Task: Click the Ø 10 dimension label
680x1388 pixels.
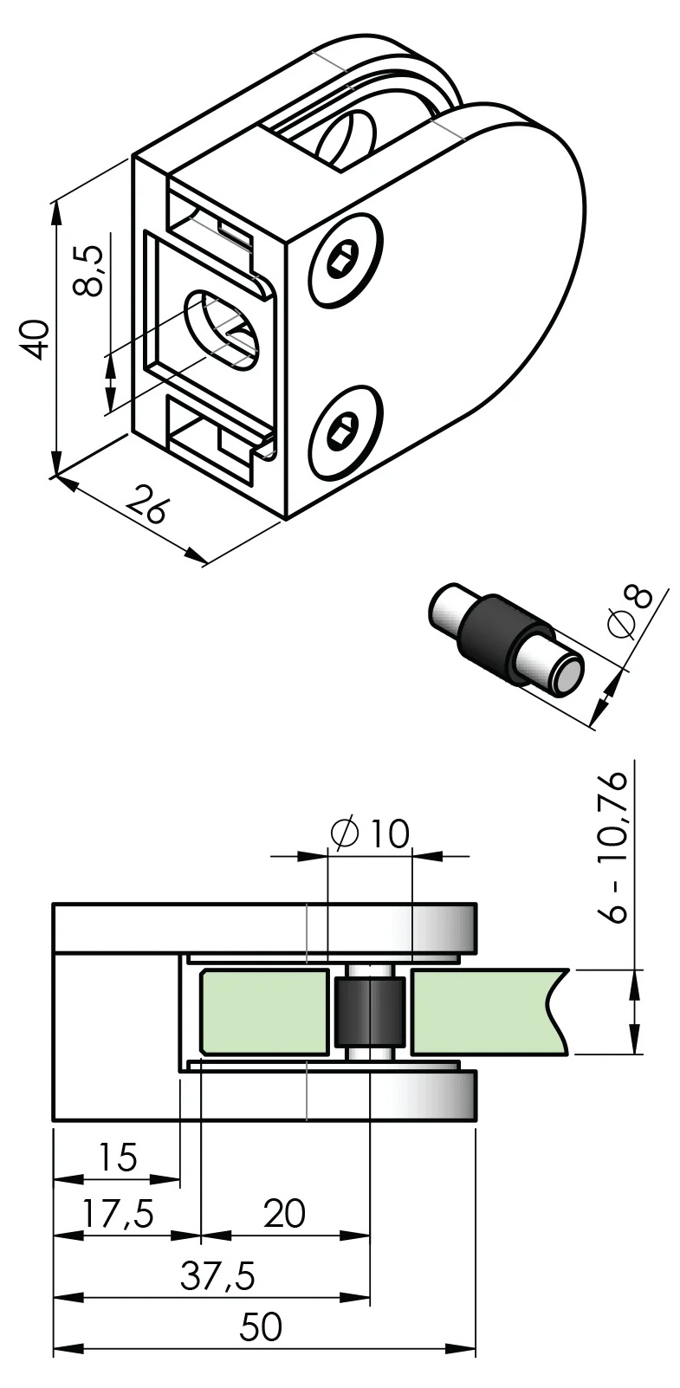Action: point(370,833)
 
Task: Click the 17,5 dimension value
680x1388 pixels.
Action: point(118,1213)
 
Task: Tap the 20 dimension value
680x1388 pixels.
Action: point(285,1213)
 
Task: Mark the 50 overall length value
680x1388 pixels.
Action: point(262,1327)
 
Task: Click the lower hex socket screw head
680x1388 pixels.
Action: point(344,430)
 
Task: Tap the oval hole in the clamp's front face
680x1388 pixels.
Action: point(221,329)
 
